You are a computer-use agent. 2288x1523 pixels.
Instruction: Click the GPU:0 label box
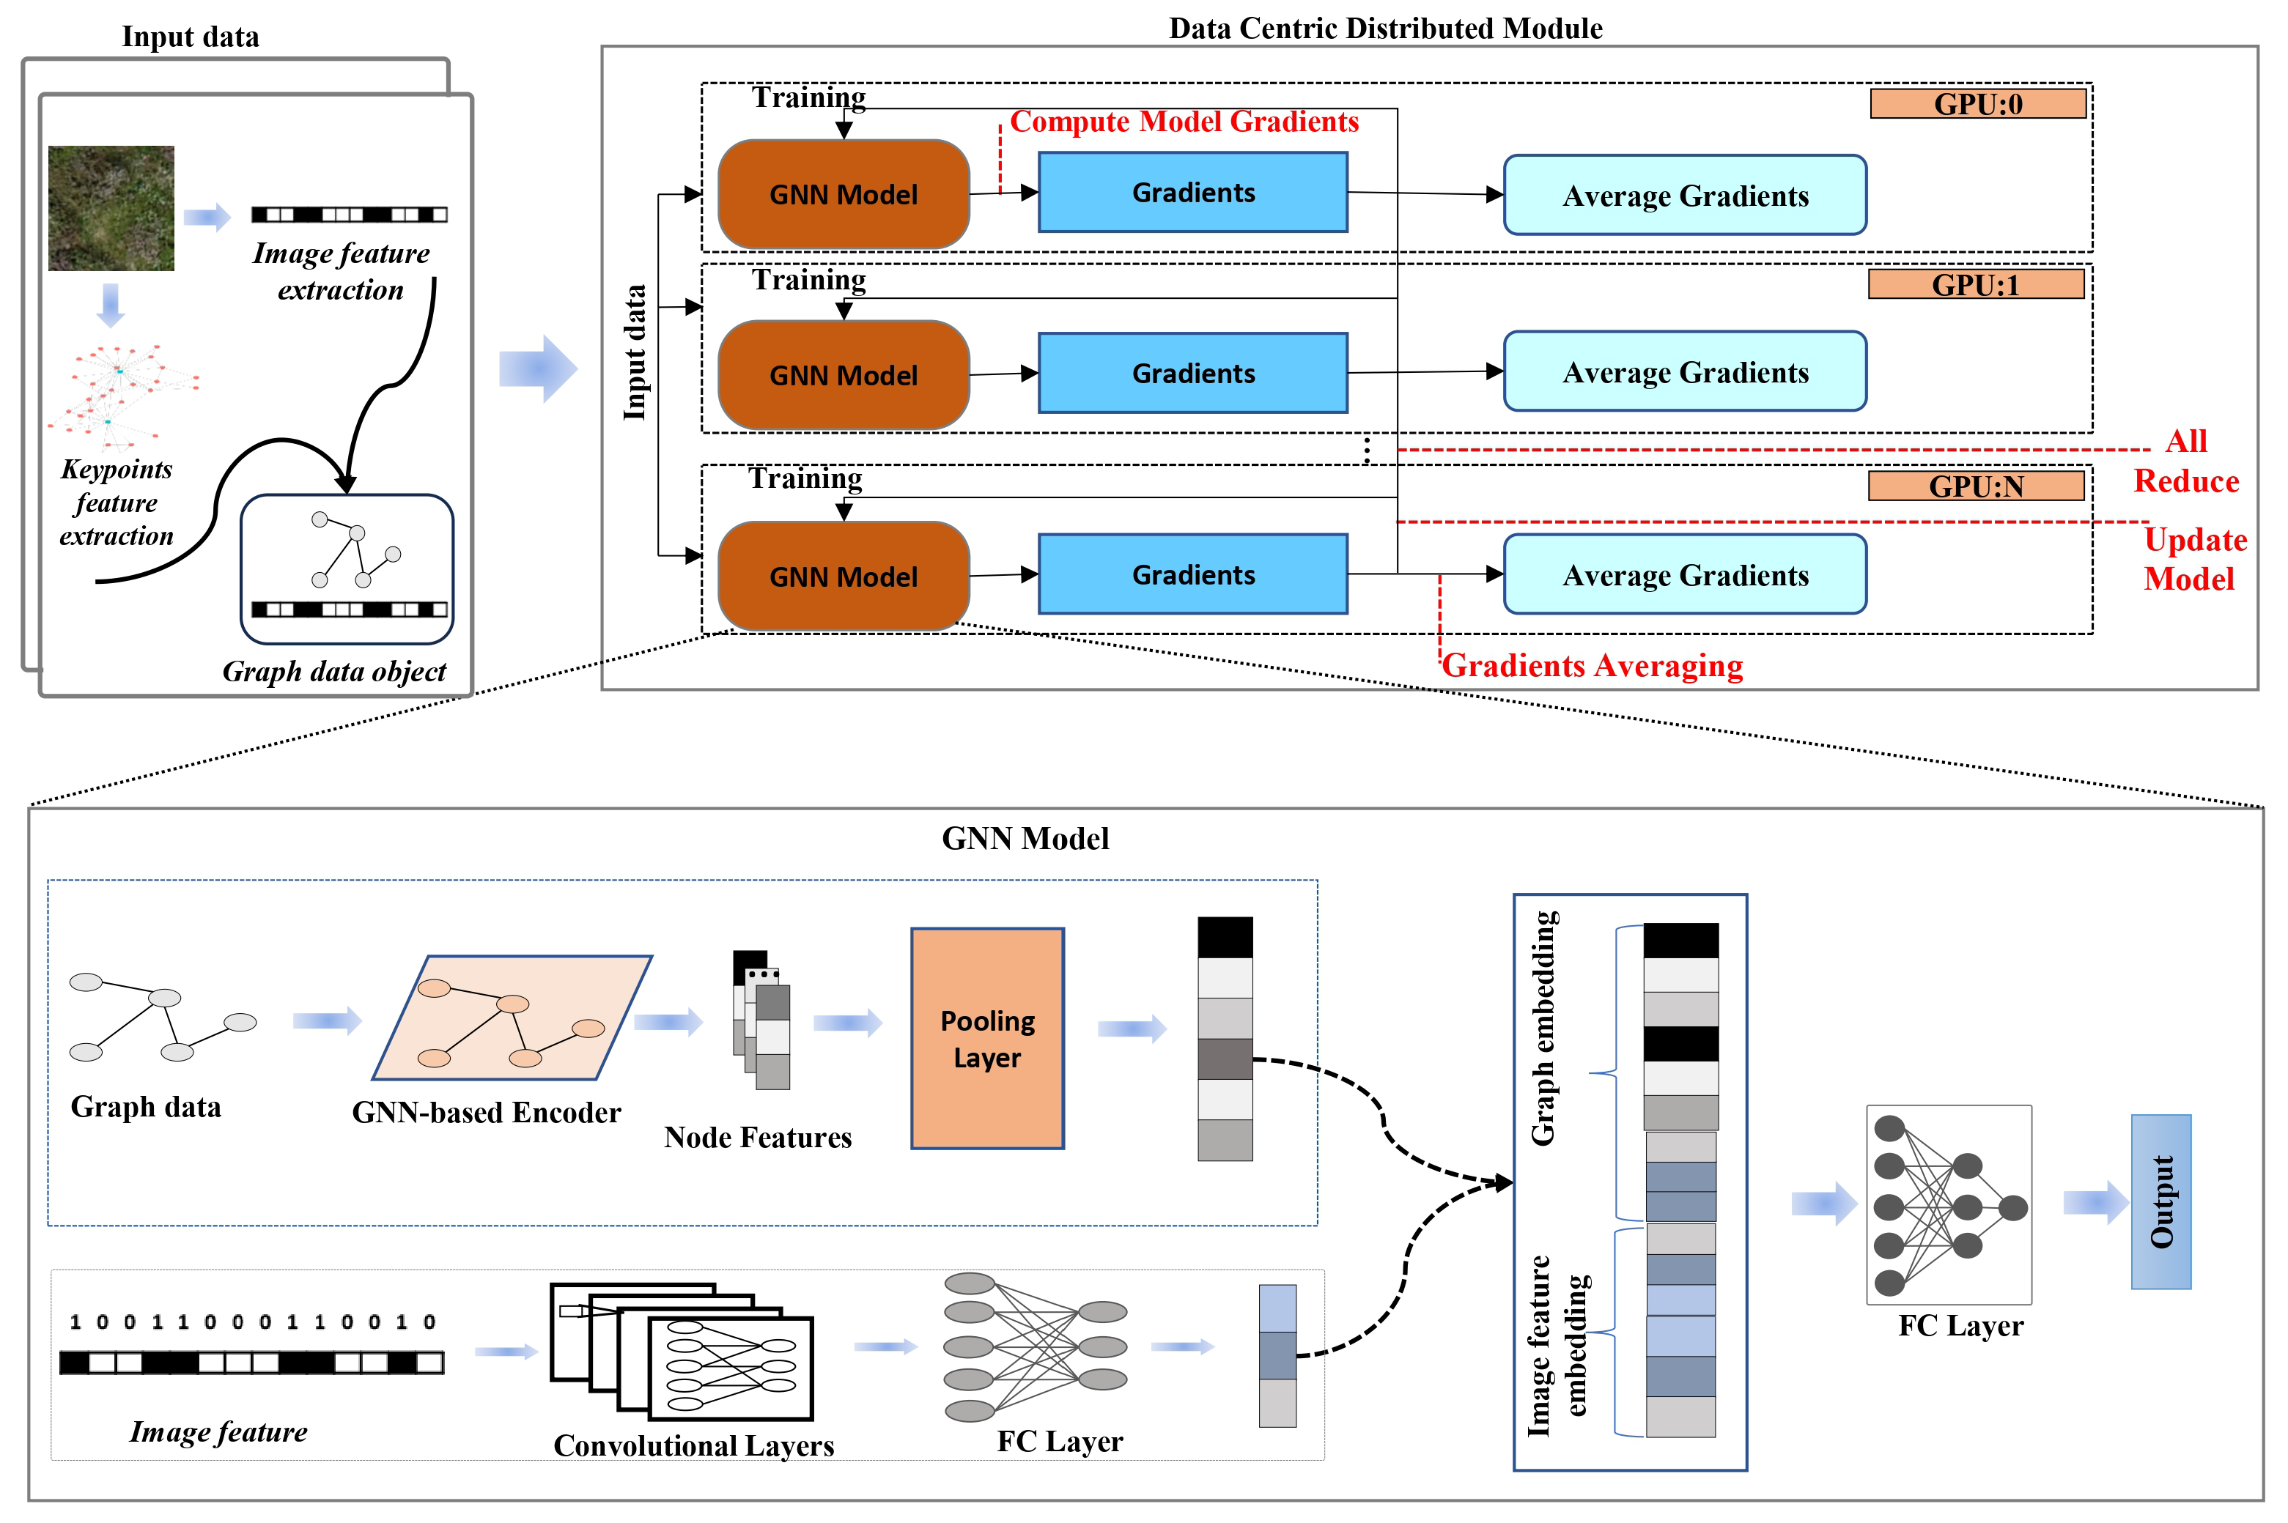1977,104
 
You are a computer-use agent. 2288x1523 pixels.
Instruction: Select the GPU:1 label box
1975,284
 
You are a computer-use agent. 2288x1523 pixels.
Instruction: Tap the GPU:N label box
1975,486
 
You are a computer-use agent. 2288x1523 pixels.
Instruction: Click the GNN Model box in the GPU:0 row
844,194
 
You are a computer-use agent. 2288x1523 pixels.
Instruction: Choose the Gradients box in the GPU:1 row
1192,373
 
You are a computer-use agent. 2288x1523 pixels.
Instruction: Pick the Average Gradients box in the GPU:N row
1685,575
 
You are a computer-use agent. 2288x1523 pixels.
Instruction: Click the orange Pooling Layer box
987,1038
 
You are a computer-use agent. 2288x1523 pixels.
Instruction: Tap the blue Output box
2160,1201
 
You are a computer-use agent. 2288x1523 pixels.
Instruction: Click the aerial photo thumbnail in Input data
111,208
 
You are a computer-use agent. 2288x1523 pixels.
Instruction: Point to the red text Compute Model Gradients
1184,122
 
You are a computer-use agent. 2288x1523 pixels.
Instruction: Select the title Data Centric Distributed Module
1384,28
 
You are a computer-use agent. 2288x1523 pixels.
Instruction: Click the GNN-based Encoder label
486,1112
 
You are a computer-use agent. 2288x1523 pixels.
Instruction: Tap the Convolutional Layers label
694,1445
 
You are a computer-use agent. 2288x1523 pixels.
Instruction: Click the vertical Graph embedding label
1544,1028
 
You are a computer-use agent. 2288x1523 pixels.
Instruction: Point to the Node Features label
758,1138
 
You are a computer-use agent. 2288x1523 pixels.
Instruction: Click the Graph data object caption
334,671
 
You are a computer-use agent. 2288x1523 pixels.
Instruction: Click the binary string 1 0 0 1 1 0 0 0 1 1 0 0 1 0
253,1322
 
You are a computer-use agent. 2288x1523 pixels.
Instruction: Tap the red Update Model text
2193,560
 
